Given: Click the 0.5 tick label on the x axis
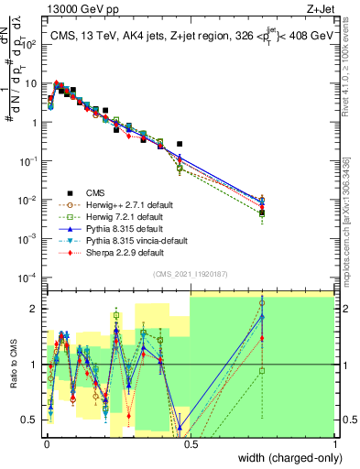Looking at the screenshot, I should [191, 443].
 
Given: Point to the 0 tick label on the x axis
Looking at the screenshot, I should [46, 443].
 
